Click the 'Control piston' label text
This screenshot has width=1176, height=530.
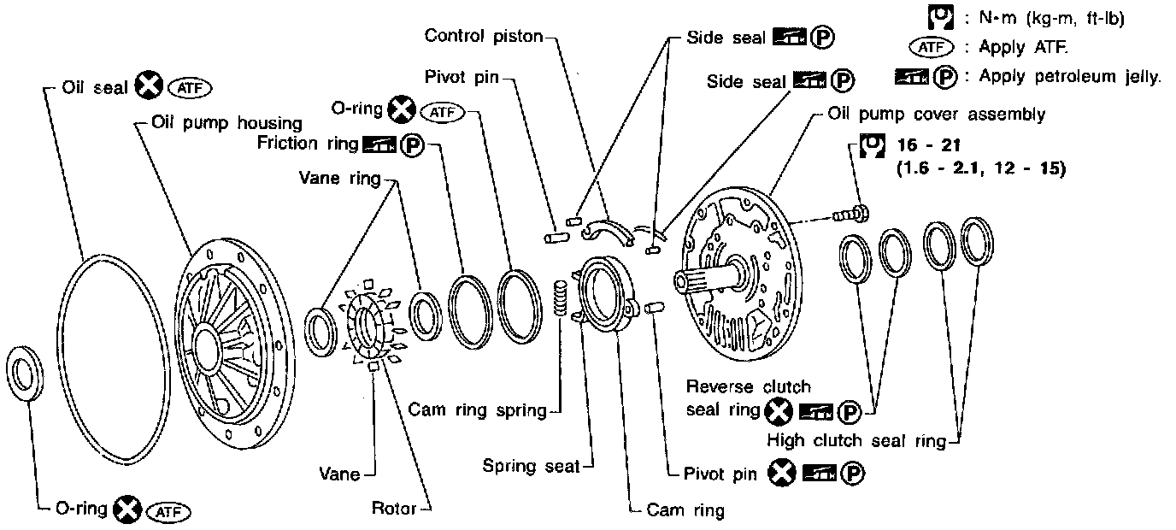[485, 36]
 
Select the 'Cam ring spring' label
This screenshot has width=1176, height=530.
[477, 410]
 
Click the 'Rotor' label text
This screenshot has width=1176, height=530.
[393, 509]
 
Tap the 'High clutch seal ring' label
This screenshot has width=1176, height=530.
[856, 442]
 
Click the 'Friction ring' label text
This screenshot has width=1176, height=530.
[308, 143]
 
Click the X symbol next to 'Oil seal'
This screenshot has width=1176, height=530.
[150, 86]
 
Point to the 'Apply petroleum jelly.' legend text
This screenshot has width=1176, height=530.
[1070, 76]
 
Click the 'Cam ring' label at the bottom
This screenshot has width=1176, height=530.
[685, 511]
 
